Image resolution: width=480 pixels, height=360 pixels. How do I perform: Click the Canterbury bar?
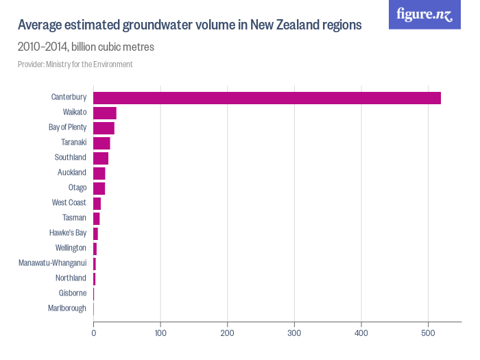pyautogui.click(x=267, y=97)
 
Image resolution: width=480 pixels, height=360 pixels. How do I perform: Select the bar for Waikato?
pyautogui.click(x=105, y=113)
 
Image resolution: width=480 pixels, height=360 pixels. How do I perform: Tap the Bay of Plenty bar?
pyautogui.click(x=104, y=128)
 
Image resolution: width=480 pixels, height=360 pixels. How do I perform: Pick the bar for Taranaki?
pyautogui.click(x=101, y=143)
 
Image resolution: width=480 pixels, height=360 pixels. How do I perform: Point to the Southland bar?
pyautogui.click(x=101, y=158)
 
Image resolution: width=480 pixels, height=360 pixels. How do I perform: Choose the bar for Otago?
pyautogui.click(x=99, y=188)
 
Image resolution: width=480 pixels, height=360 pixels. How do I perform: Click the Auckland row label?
pyautogui.click(x=72, y=173)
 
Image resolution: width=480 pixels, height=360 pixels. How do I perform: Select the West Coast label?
pyautogui.click(x=69, y=203)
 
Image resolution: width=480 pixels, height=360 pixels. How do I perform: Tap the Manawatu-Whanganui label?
pyautogui.click(x=53, y=263)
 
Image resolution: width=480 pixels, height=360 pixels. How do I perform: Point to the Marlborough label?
pyautogui.click(x=67, y=309)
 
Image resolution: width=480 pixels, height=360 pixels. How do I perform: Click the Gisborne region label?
pyautogui.click(x=73, y=293)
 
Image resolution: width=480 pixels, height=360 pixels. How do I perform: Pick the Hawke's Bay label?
pyautogui.click(x=68, y=233)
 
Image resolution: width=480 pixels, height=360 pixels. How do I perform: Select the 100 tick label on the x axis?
pyautogui.click(x=160, y=333)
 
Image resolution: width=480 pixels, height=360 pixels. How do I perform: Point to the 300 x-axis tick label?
pyautogui.click(x=294, y=333)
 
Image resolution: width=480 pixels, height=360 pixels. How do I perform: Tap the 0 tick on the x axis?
pyautogui.click(x=94, y=333)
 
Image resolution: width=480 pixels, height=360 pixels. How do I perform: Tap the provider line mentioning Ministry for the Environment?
pyautogui.click(x=75, y=64)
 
